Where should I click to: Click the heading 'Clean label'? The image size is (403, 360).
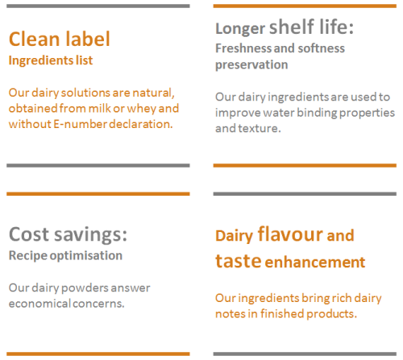pos(60,39)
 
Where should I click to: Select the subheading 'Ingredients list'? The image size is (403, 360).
pos(51,60)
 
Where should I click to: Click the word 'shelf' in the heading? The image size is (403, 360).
pos(292,27)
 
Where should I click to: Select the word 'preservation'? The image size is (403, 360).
pos(251,65)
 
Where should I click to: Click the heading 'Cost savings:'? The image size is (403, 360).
pos(68,234)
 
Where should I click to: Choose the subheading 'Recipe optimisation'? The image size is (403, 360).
pos(65,255)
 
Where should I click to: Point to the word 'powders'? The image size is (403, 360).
pos(85,288)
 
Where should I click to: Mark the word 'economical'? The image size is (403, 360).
pos(39,304)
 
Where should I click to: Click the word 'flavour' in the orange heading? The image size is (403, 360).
pos(290,234)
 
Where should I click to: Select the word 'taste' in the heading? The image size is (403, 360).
pos(238,261)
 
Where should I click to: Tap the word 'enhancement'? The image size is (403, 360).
pos(315,262)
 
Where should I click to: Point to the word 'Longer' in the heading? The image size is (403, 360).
pos(240,29)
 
